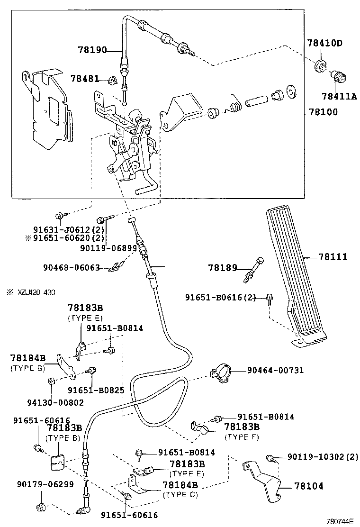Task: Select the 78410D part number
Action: (x=324, y=43)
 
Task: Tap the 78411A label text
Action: (x=339, y=96)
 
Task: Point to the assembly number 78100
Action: (x=324, y=112)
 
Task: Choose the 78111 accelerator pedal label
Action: (x=333, y=257)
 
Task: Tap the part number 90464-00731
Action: (x=275, y=370)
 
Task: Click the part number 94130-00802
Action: (x=53, y=402)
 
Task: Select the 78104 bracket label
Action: (x=309, y=486)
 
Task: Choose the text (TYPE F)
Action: (x=242, y=437)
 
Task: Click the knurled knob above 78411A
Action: (x=339, y=75)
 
